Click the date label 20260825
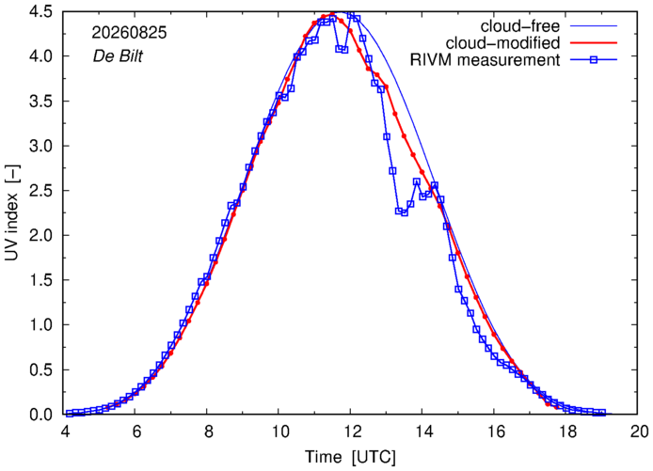(129, 33)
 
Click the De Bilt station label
(118, 56)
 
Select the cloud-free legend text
(520, 26)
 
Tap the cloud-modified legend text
(502, 43)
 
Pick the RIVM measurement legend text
(485, 60)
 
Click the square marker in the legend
(594, 60)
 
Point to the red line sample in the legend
(594, 43)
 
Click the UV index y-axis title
(12, 213)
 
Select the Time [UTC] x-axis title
(350, 457)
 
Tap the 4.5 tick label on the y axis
(40, 12)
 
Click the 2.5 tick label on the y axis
(40, 191)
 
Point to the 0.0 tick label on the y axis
(40, 415)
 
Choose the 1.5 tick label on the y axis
(40, 280)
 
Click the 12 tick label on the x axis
(351, 432)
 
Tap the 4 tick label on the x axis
(65, 432)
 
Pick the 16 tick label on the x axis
(495, 432)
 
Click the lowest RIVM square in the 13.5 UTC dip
(404, 212)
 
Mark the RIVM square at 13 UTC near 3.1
(387, 136)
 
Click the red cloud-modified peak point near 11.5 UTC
(332, 14)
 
